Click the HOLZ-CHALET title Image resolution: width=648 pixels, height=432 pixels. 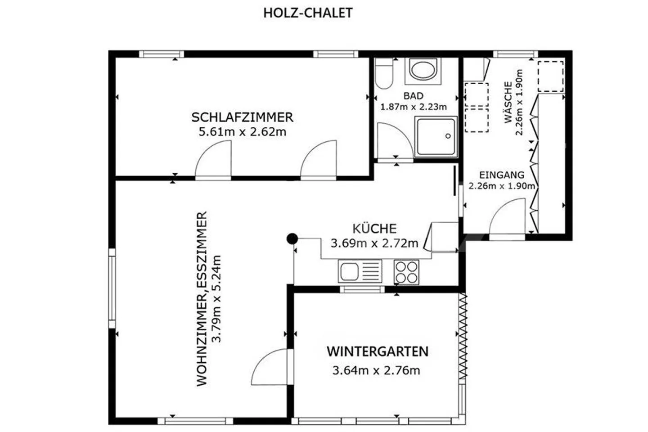[308, 13]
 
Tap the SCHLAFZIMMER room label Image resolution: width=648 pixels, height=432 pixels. [242, 117]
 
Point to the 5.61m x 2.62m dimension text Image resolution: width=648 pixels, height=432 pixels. [243, 132]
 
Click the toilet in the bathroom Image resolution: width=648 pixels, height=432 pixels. [383, 73]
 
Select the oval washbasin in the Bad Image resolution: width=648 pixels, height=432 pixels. [423, 71]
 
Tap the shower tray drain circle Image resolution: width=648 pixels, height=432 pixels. [448, 136]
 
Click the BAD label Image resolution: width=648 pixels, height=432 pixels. [414, 96]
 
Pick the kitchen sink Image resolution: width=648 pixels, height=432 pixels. [360, 271]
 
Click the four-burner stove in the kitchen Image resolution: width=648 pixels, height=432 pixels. [406, 272]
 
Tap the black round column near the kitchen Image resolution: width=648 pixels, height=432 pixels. [292, 238]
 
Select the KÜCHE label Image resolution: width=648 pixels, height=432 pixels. [374, 229]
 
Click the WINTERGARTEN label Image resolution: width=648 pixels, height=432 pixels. [378, 351]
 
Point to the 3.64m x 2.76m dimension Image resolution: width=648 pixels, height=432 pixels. [376, 370]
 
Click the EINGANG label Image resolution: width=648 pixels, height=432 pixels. [502, 175]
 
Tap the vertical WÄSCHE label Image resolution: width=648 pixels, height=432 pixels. [508, 103]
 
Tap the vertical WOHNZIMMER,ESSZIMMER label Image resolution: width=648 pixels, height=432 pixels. [202, 299]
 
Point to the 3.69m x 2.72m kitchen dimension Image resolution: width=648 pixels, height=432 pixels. [374, 243]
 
